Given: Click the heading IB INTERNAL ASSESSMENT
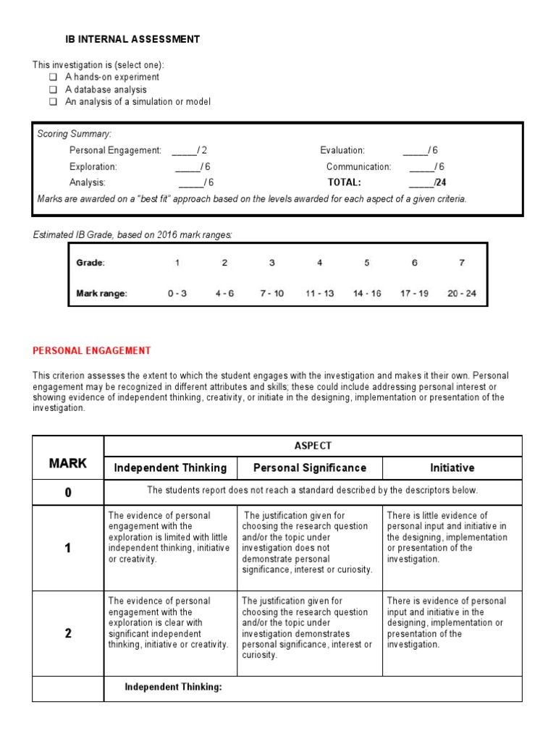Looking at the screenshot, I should [x=132, y=40].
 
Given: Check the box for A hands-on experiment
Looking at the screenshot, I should [x=53, y=77].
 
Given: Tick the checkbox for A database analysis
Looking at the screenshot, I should [x=53, y=90].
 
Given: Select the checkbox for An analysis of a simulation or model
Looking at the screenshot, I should [x=53, y=102].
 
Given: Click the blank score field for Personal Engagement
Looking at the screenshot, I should [x=184, y=151].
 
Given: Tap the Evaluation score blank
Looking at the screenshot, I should [x=415, y=151].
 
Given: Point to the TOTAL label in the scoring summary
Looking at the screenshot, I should [x=344, y=182].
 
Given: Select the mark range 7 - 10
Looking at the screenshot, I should [x=271, y=294].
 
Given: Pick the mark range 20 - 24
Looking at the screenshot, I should [x=461, y=294].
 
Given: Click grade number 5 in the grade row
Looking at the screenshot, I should [x=367, y=263].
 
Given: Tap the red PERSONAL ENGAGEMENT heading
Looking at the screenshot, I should [x=92, y=351].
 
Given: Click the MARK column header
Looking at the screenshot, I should [x=68, y=463].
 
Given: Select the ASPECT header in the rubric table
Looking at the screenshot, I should [x=313, y=446].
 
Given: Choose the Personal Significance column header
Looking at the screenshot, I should [x=310, y=468].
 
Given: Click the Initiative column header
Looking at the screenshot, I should [x=452, y=468].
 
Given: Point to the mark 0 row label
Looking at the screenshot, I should [x=68, y=493].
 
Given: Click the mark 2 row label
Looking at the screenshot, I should [x=68, y=633].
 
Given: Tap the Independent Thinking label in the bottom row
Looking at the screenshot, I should [x=174, y=687].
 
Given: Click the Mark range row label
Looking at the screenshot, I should [x=102, y=294].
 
